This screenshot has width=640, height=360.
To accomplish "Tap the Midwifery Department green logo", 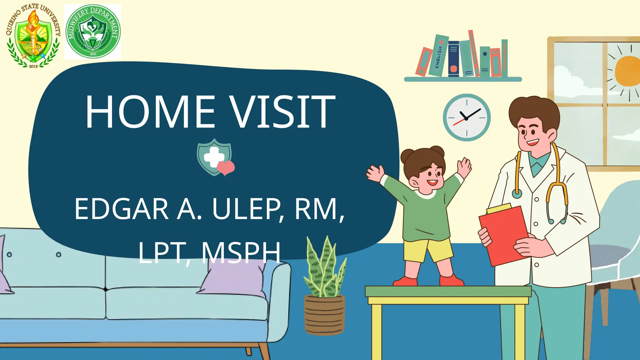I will (93, 32).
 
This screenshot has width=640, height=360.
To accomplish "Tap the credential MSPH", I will (241, 252).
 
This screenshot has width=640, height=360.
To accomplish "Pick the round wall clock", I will (467, 117).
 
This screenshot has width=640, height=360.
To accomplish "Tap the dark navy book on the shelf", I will (453, 59).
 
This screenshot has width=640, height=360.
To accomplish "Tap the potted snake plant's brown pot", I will (324, 315).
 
